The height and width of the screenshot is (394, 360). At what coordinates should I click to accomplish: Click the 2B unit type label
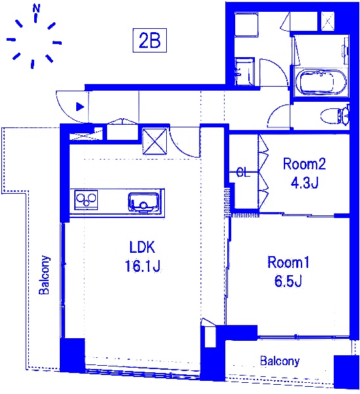pyautogui.click(x=150, y=41)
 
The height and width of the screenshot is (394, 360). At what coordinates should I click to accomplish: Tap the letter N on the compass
pyautogui.click(x=36, y=9)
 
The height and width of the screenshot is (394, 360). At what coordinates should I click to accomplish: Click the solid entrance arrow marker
pyautogui.click(x=80, y=107)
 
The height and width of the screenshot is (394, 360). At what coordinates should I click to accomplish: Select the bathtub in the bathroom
pyautogui.click(x=321, y=82)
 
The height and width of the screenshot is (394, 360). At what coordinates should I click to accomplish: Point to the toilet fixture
pyautogui.click(x=335, y=116)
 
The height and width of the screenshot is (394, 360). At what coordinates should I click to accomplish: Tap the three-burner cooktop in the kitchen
pyautogui.click(x=86, y=200)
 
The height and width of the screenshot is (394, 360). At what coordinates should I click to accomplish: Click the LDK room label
pyautogui.click(x=143, y=247)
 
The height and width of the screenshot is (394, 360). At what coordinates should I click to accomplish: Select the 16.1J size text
pyautogui.click(x=143, y=266)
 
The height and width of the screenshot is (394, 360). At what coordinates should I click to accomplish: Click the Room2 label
pyautogui.click(x=304, y=164)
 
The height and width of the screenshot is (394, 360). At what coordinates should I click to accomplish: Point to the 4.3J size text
pyautogui.click(x=304, y=183)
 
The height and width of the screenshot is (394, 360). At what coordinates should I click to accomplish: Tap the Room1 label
pyautogui.click(x=288, y=262)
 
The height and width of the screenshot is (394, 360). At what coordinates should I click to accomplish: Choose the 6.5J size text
pyautogui.click(x=288, y=281)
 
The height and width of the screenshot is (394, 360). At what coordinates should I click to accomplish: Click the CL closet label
pyautogui.click(x=243, y=173)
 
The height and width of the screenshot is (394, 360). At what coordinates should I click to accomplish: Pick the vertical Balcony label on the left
pyautogui.click(x=44, y=274)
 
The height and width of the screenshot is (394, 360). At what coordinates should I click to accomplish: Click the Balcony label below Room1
pyautogui.click(x=280, y=361)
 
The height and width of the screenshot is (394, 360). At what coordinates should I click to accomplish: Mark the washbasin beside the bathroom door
pyautogui.click(x=244, y=72)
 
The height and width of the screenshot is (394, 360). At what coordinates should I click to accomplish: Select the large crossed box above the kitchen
pyautogui.click(x=154, y=141)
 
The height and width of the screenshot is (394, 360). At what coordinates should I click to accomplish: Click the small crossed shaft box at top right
pyautogui.click(x=328, y=21)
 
